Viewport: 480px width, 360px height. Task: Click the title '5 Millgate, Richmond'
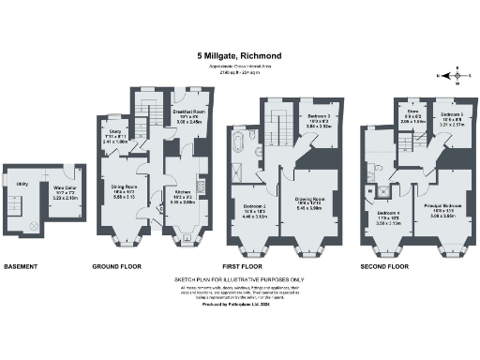240,55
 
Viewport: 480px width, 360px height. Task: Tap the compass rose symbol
450,74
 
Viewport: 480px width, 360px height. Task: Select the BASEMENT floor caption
21,266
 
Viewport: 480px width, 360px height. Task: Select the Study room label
116,133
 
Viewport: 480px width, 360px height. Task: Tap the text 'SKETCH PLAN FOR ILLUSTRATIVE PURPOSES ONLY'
240,279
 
